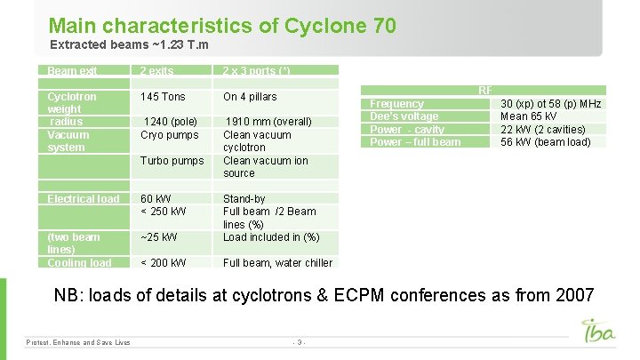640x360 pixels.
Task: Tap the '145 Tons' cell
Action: [164, 97]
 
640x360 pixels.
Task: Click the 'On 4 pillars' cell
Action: [250, 97]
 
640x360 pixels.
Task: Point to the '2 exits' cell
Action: [157, 71]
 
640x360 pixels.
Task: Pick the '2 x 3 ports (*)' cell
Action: [256, 71]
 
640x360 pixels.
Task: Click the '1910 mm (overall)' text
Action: [268, 122]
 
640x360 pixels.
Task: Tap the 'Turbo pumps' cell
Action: [172, 161]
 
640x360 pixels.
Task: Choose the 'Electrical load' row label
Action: [83, 199]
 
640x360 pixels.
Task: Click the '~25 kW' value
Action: [159, 237]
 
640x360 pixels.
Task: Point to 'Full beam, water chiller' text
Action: [277, 263]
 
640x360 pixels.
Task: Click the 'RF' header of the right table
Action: [485, 91]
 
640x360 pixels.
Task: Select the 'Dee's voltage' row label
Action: [404, 116]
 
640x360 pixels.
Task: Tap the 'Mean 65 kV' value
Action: [530, 116]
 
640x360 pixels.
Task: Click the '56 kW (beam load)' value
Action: [545, 142]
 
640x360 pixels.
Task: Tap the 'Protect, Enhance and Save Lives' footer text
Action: [78, 342]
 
